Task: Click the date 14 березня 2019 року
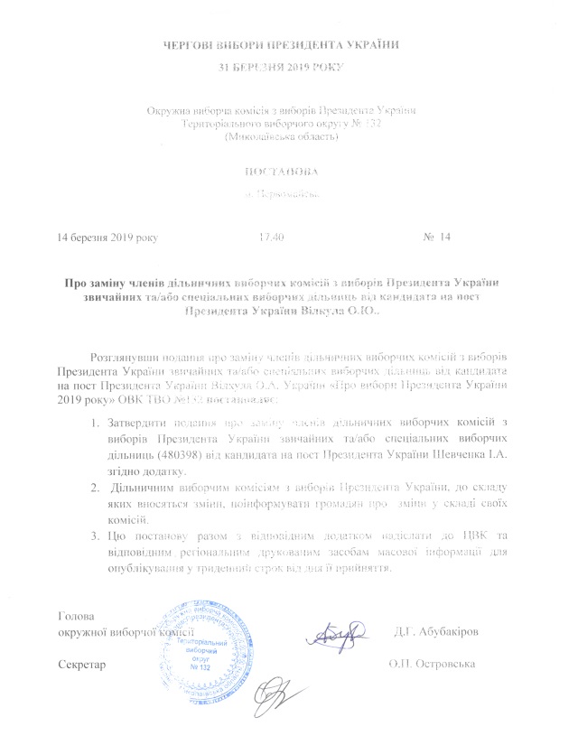click(107, 237)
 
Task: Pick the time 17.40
click(272, 237)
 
